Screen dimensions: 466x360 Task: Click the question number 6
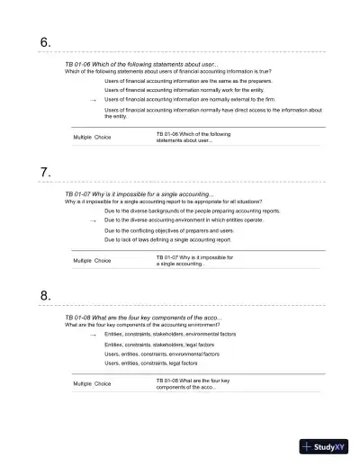click(45, 42)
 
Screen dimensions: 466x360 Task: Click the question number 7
click(45, 170)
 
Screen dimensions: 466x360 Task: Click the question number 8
click(45, 294)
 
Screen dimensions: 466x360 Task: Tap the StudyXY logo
click(324, 444)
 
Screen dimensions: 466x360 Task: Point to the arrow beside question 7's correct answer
click(94, 220)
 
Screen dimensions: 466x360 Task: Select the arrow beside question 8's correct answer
click(94, 334)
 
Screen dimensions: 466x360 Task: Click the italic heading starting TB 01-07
click(139, 193)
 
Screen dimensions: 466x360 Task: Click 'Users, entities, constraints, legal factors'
click(151, 363)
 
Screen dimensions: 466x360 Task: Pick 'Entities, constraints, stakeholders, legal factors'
click(159, 344)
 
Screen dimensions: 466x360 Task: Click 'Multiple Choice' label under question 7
click(92, 261)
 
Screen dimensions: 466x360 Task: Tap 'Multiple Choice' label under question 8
click(92, 383)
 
